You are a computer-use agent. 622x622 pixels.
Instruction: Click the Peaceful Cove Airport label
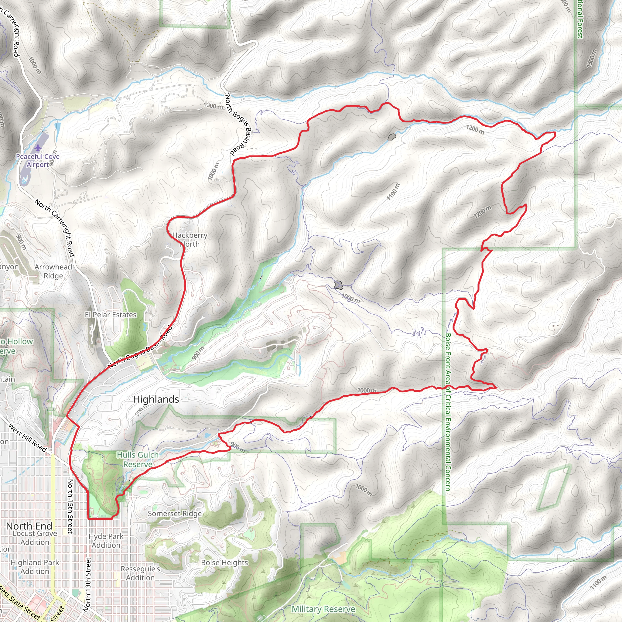click(x=38, y=160)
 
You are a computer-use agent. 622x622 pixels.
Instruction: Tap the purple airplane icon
click(x=38, y=148)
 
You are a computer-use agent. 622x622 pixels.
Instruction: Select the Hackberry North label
click(x=190, y=240)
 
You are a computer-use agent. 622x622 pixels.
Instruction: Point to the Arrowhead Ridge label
click(x=53, y=271)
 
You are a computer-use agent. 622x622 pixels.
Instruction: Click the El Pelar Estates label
click(x=111, y=315)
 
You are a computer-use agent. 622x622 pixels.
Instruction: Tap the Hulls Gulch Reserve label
click(x=138, y=460)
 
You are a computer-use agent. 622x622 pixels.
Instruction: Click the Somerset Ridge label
click(x=175, y=514)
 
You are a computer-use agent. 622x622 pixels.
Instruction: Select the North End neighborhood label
click(x=29, y=526)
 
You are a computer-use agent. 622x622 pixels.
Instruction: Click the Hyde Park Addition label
click(x=106, y=541)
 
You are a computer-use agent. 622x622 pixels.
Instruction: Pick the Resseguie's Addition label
click(x=140, y=573)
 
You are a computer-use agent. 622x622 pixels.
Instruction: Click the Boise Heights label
click(x=224, y=562)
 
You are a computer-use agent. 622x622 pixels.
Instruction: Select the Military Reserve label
click(x=323, y=609)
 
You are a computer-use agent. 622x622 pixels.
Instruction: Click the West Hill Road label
click(x=27, y=438)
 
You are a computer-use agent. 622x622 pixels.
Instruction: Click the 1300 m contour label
click(x=591, y=58)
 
